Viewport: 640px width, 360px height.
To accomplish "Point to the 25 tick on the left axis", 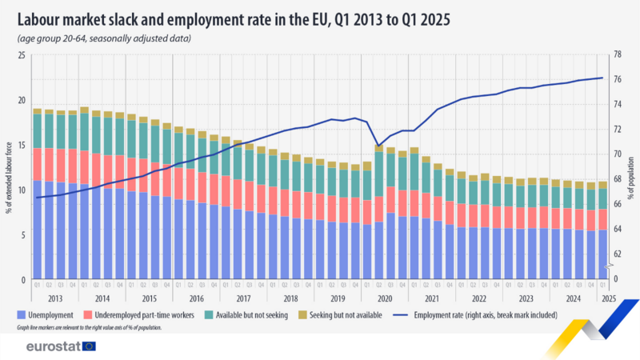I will pyautogui.click(x=21, y=54).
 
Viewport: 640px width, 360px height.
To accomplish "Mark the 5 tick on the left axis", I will pyautogui.click(x=22, y=235).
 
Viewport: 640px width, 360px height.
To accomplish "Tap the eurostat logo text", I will pyautogui.click(x=52, y=346).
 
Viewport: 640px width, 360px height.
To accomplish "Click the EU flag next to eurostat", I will pyautogui.click(x=88, y=346).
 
